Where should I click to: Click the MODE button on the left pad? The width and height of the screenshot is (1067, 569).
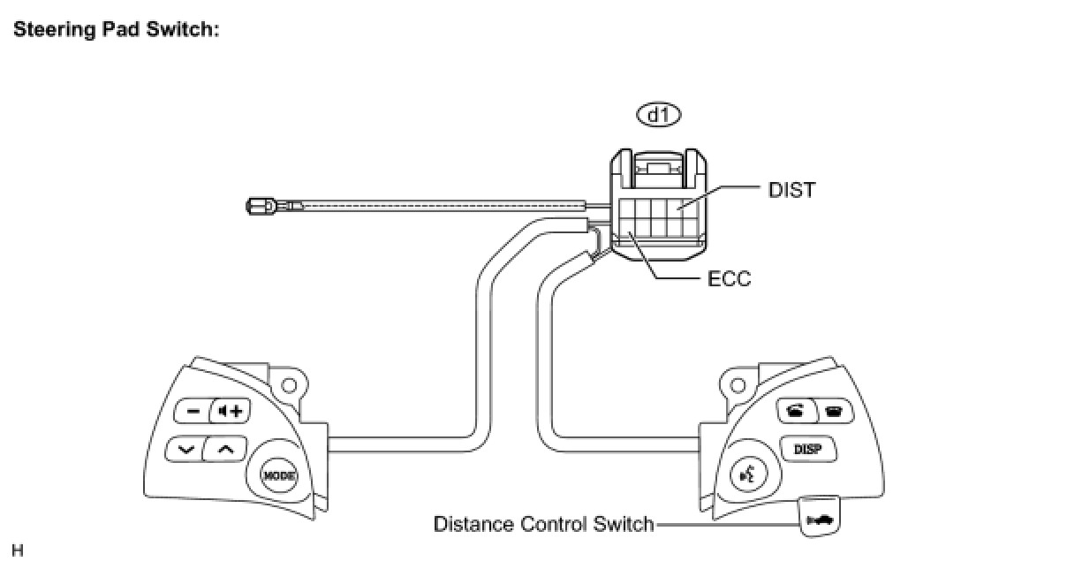pos(278,474)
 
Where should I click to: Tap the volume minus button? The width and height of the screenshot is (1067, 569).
pos(191,411)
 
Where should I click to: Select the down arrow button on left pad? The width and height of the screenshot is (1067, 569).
pos(185,449)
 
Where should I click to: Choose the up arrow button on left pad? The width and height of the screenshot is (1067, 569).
pos(225,449)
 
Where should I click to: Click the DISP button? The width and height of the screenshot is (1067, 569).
pos(807,449)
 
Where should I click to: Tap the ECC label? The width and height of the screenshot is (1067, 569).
pos(729,279)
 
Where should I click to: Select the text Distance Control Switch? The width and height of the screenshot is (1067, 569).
pos(543,524)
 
